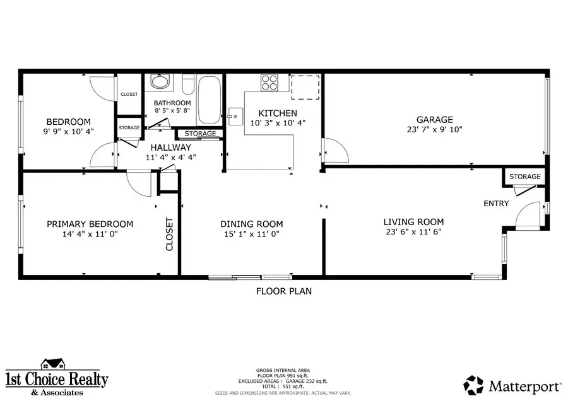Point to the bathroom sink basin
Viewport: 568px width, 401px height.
(x=160, y=83)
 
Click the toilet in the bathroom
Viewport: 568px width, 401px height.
(x=187, y=83)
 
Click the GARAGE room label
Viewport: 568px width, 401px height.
(x=434, y=120)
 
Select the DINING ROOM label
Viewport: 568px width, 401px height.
(x=251, y=224)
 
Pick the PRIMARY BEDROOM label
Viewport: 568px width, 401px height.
(x=90, y=224)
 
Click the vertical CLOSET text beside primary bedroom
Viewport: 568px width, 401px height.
(x=169, y=234)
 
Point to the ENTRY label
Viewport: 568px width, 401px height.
(x=495, y=204)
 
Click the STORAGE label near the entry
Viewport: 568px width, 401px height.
(x=524, y=177)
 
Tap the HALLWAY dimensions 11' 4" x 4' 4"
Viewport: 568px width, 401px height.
(x=170, y=158)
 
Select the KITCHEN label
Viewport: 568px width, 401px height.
(x=269, y=113)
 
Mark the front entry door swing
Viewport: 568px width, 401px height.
(x=527, y=214)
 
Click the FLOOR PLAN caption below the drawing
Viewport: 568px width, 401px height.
(x=283, y=291)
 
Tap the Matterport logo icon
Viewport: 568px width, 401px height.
(x=474, y=385)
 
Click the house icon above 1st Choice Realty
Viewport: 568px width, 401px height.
(x=53, y=364)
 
